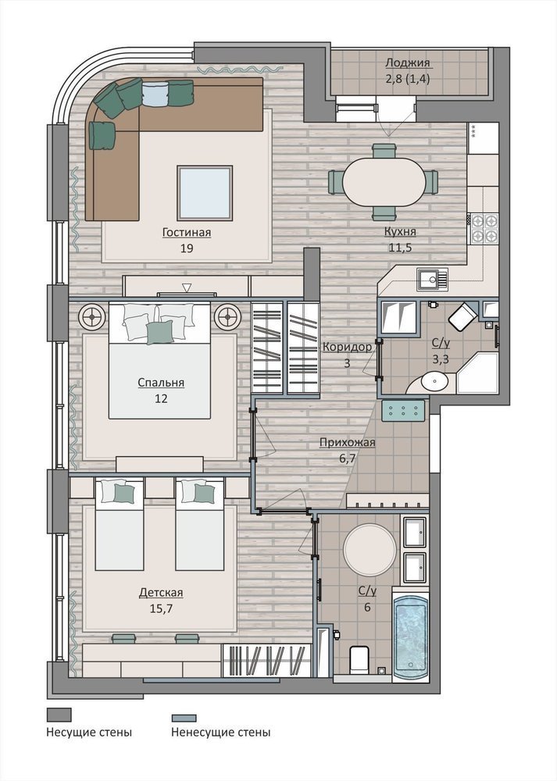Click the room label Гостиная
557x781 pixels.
[187, 233]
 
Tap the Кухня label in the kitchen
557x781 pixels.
[399, 232]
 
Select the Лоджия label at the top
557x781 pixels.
[408, 63]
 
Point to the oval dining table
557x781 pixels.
[384, 182]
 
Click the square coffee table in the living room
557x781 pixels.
[205, 193]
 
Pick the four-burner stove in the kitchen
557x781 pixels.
[484, 228]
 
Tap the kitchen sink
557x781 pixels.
[433, 280]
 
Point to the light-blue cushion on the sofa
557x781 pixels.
[156, 94]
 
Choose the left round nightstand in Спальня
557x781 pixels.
[92, 316]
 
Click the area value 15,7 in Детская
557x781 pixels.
[161, 608]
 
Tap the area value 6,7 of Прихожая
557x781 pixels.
[348, 458]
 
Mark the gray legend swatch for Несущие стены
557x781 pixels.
[59, 715]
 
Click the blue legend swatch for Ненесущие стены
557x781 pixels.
[184, 718]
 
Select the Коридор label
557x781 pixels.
[348, 347]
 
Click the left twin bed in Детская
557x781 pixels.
[119, 525]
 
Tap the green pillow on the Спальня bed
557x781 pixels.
[159, 332]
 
